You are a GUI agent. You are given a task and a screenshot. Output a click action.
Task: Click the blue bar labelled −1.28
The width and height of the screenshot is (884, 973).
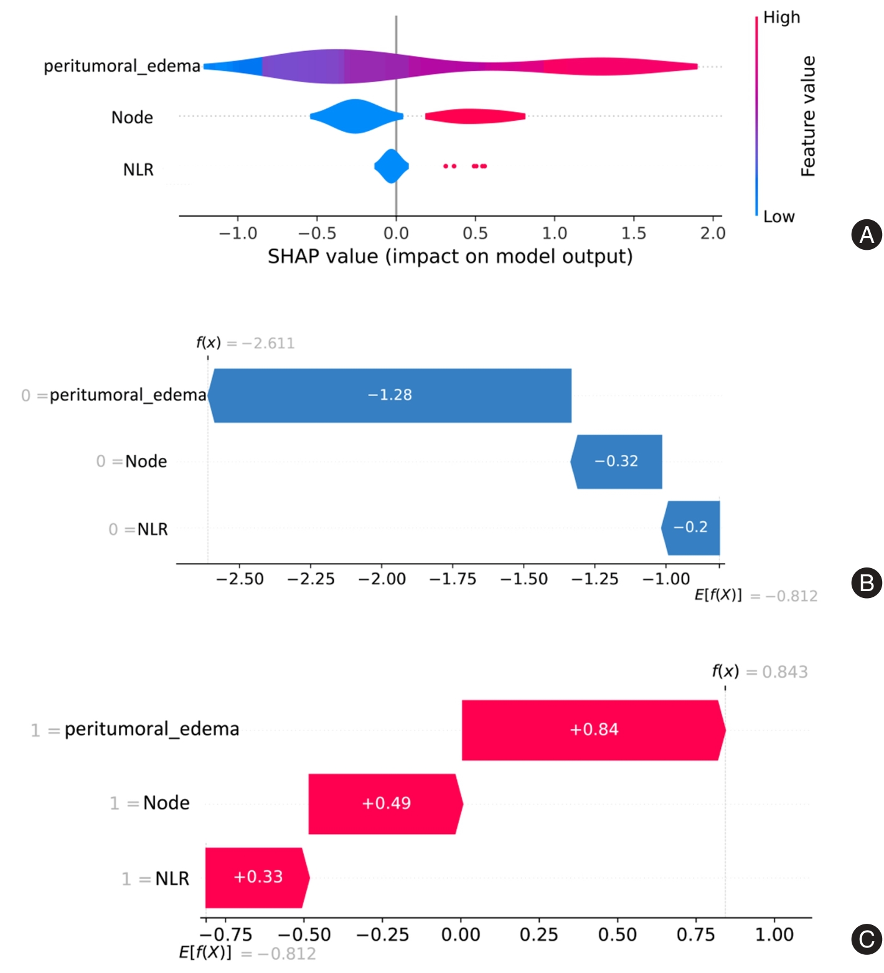[390, 396]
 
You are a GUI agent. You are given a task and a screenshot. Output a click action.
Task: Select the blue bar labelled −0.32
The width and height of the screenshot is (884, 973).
[616, 462]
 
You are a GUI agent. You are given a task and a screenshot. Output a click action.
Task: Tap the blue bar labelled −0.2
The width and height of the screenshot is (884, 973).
[691, 528]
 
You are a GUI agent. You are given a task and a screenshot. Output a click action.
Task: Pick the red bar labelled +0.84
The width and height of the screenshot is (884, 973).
[593, 730]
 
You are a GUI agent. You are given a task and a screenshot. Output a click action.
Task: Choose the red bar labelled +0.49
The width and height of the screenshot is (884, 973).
[385, 804]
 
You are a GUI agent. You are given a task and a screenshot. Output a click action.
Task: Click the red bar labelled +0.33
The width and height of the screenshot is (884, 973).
[256, 877]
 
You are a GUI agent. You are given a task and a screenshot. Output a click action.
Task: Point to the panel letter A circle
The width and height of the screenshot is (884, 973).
[866, 235]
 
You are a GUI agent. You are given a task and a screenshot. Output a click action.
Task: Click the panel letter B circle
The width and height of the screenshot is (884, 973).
[866, 583]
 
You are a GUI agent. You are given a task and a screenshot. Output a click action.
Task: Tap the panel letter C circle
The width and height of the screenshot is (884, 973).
[866, 939]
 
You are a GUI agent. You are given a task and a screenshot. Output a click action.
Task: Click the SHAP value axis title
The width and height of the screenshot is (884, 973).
[449, 257]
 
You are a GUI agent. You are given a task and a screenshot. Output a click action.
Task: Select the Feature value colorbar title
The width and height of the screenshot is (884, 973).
[808, 116]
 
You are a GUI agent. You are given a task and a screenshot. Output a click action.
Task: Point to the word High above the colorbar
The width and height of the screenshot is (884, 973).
[781, 17]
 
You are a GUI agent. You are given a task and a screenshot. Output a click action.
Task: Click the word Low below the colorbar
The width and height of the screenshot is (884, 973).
[779, 217]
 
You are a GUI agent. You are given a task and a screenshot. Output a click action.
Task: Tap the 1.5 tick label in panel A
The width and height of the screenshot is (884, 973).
[634, 234]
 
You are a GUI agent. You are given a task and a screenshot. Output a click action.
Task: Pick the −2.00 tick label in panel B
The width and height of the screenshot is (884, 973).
[382, 579]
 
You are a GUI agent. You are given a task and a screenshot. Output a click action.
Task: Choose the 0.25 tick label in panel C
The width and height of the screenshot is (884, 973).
[538, 934]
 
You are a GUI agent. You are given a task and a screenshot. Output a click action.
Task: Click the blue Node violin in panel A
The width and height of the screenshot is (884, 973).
[355, 116]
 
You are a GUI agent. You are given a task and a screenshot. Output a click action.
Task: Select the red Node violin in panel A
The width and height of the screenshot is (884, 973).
[474, 116]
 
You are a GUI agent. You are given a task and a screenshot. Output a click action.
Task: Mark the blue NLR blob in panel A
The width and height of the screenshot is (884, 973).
[391, 166]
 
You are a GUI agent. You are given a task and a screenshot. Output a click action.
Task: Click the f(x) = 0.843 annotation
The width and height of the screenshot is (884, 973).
[759, 672]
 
